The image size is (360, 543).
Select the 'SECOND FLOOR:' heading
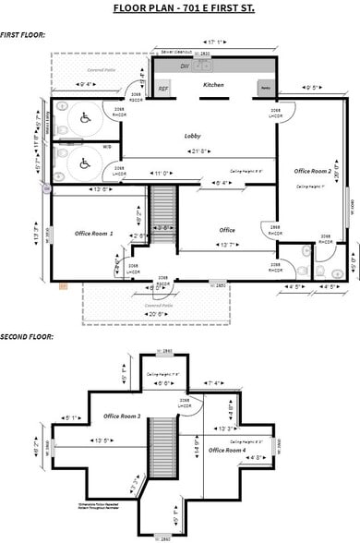click(26, 337)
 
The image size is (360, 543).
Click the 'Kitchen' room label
click(213, 84)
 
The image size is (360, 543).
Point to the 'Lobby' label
click(194, 136)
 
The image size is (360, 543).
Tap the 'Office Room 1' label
click(93, 234)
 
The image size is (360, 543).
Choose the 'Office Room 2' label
click(312, 171)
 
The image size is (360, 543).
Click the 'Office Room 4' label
click(228, 450)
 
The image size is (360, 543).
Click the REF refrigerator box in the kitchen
click(163, 89)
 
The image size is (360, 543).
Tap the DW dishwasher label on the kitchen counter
click(185, 66)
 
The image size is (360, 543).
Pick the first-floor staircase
click(162, 211)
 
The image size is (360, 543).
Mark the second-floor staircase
click(162, 442)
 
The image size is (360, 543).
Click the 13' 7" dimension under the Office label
click(226, 245)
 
